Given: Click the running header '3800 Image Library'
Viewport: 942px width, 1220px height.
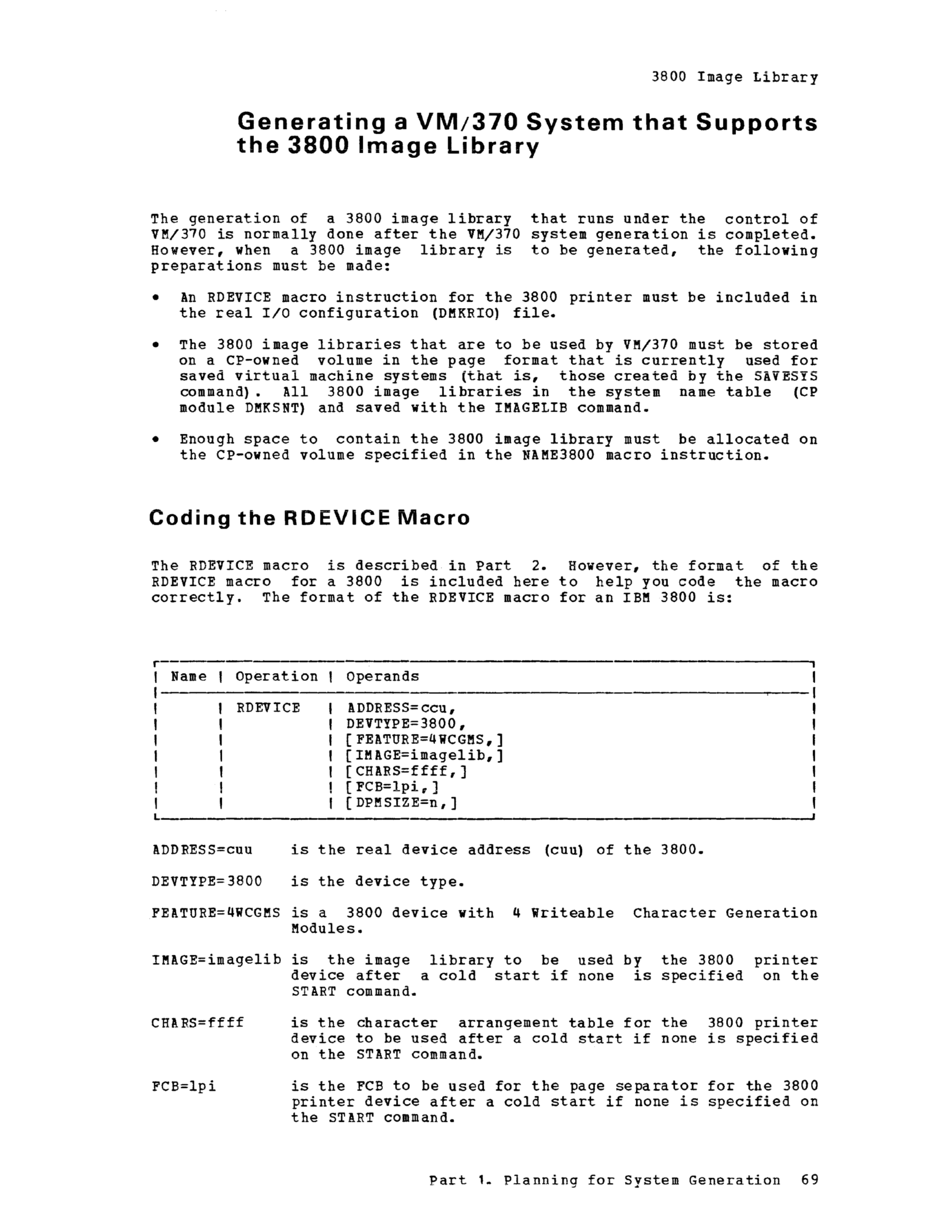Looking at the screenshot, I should click(x=734, y=77).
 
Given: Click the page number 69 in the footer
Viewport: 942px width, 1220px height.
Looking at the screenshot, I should click(x=809, y=1180).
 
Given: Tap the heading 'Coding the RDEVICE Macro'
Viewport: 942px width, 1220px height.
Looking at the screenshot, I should click(x=309, y=518).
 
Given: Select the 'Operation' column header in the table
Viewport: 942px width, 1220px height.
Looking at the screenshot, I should click(x=276, y=676).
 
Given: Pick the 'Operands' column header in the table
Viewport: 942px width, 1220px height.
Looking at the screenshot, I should click(x=382, y=676).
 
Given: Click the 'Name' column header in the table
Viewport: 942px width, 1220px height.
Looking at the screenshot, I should click(x=189, y=676).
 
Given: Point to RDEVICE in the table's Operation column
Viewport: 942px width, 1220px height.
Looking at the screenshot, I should click(x=268, y=708).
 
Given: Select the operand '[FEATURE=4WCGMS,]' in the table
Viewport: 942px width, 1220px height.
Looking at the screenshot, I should click(x=425, y=740).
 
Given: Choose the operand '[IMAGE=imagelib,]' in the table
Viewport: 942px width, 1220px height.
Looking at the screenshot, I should click(x=425, y=755).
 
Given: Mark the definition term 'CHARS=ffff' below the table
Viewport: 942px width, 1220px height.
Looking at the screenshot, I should click(x=197, y=1023).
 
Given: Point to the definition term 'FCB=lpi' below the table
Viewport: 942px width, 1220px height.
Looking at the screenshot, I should click(x=184, y=1086).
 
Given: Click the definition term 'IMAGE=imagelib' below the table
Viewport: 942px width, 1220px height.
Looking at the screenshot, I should click(x=216, y=960).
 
